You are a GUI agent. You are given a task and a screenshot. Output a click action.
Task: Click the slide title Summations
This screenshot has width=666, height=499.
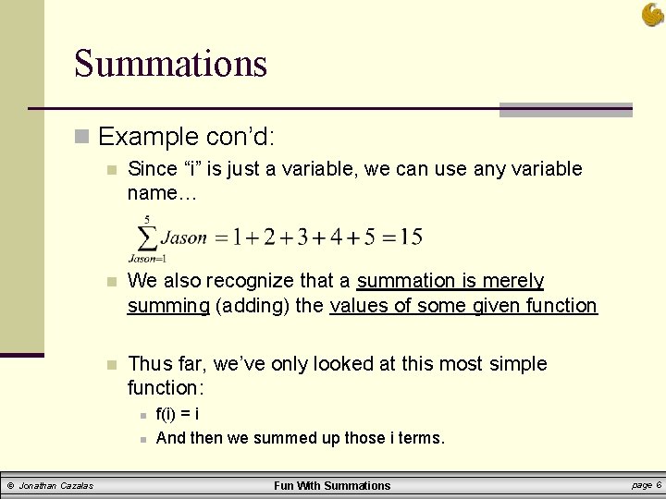point(170,64)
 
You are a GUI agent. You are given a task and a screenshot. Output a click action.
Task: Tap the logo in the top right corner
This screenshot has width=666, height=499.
point(651,14)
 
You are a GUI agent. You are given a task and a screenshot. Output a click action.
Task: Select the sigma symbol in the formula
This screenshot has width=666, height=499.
point(146,237)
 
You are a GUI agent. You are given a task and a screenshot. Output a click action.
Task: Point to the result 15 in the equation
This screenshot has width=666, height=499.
point(410,237)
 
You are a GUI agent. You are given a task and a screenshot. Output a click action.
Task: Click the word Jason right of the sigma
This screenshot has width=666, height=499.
point(183,237)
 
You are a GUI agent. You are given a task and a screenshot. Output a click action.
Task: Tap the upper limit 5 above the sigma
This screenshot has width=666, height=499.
point(147,219)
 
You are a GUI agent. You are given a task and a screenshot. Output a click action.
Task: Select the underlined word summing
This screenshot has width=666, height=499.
point(168,305)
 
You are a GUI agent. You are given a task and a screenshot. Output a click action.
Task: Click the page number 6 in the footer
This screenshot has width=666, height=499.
point(658,484)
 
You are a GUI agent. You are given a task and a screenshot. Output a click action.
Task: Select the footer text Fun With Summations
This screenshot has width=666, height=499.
point(333,485)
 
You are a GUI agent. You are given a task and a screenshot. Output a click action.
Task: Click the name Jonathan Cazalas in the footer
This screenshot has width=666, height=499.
point(55,485)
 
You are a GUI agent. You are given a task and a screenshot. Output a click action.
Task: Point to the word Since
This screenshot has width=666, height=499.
point(152,169)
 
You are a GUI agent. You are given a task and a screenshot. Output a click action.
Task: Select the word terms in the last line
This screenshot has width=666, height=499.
point(421,438)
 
